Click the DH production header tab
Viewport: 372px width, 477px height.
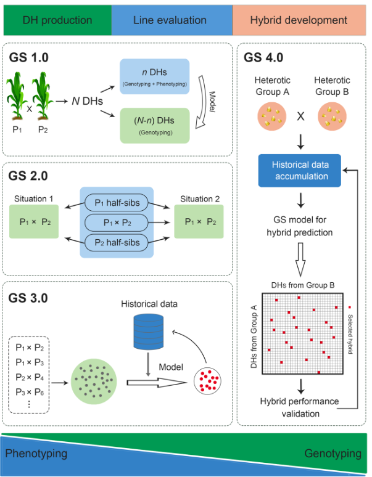point(57,20)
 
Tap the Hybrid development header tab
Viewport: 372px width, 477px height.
point(299,20)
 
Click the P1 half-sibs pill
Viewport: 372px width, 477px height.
point(117,202)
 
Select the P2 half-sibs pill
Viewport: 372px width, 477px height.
point(117,242)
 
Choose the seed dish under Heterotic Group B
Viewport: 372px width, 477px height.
point(333,115)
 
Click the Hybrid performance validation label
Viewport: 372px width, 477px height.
point(300,407)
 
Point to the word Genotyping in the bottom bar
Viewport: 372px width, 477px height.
point(333,454)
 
